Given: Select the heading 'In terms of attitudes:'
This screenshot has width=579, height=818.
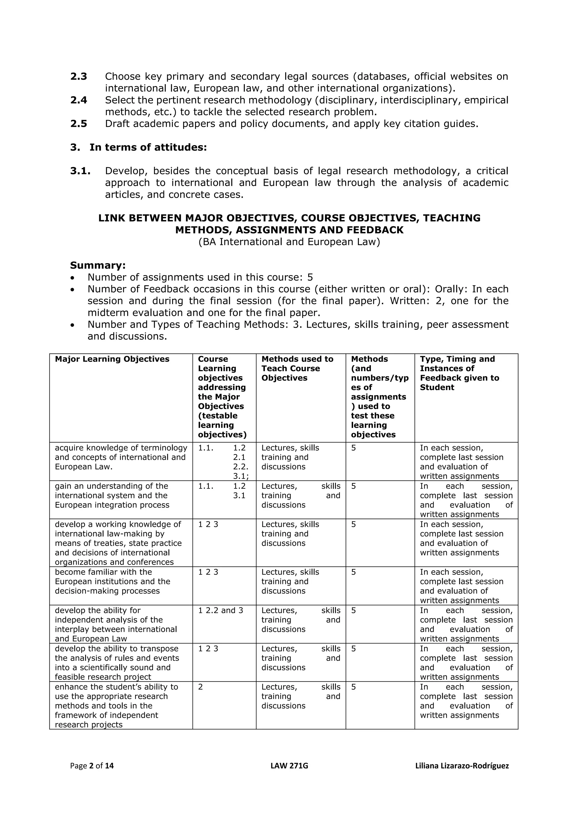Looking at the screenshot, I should click(x=148, y=147).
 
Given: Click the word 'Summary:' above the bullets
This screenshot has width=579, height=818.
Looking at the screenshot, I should click(x=98, y=266).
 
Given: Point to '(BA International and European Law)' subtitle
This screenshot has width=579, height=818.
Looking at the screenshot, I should click(x=289, y=242).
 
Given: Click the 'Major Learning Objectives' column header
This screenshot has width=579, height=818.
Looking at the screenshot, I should click(x=112, y=359).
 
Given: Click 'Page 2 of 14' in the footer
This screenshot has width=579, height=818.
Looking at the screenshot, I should click(x=92, y=766).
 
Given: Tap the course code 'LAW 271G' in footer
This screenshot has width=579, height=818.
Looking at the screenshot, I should click(x=289, y=766).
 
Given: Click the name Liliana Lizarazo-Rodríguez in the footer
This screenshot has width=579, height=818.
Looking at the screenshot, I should click(x=462, y=766).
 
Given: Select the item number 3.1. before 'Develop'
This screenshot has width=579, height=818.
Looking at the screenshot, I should click(x=80, y=171).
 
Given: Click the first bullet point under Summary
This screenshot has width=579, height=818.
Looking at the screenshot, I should click(x=73, y=278).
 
